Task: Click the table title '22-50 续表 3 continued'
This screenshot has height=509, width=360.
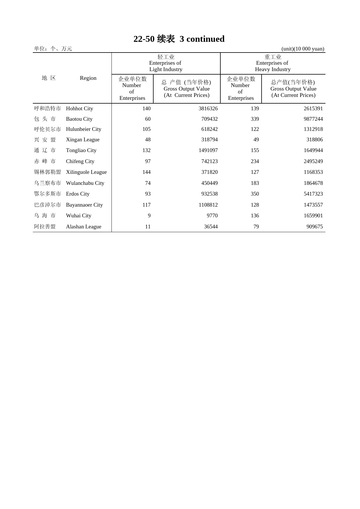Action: pos(179,39)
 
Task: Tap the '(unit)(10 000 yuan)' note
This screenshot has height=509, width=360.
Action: pos(303,49)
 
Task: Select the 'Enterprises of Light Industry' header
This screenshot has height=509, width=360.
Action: pos(165,63)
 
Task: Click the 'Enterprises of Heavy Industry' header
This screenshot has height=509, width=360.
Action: pos(272,63)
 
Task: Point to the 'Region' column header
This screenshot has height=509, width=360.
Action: pos(88,78)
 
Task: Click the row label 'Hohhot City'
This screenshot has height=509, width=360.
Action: pos(80,109)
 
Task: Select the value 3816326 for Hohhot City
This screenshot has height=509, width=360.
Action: pos(208,109)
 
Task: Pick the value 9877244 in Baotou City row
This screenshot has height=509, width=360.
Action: pos(313,119)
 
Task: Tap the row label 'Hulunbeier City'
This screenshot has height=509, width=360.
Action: pos(84,129)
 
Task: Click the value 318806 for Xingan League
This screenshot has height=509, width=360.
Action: pos(314,140)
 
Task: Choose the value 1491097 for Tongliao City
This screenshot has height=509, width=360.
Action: pos(208,150)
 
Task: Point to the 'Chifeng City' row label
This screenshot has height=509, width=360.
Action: pos(80,161)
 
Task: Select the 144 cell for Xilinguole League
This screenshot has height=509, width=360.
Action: pos(146,172)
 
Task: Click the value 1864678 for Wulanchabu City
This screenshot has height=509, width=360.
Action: pos(313,183)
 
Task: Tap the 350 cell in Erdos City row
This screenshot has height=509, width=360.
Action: pos(255,194)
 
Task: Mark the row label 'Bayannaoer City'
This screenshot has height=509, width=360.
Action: pos(84,205)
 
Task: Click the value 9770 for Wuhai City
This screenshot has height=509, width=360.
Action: pos(212,216)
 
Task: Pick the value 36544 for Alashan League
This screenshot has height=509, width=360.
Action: pos(211,227)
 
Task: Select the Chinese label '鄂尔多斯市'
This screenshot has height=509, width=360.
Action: pos(48,194)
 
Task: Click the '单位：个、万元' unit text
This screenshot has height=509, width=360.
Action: pos(53,49)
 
